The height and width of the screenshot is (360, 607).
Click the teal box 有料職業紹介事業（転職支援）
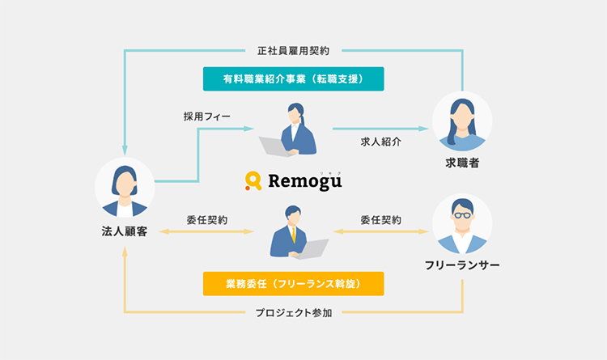[292, 78]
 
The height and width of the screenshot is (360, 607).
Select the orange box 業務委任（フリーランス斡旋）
[292, 283]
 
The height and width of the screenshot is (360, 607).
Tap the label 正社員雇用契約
[293, 50]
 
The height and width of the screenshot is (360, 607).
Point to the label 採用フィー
[207, 116]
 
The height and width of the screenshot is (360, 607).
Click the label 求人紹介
[380, 141]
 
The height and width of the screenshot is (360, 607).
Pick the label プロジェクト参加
[293, 312]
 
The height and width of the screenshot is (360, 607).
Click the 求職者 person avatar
[462, 121]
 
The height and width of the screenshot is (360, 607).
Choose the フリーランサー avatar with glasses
[462, 224]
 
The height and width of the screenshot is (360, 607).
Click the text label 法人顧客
[125, 232]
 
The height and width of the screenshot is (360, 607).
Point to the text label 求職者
[462, 163]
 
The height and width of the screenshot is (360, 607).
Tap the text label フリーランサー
[462, 265]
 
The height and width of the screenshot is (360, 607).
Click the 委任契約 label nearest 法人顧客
[206, 219]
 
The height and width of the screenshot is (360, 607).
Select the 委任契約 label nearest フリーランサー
[380, 219]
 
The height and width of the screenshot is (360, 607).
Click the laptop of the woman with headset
[274, 146]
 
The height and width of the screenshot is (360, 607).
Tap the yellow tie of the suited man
[292, 234]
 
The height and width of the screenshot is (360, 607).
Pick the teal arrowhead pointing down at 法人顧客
[125, 151]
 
